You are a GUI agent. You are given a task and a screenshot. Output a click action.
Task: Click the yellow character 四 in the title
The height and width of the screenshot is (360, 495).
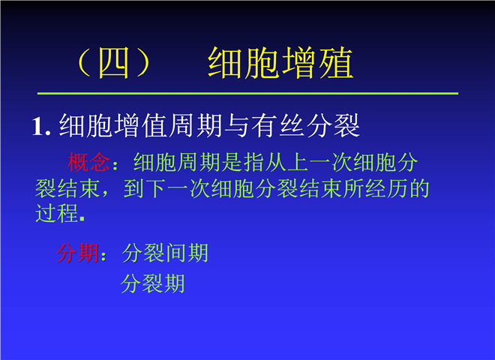click(x=114, y=63)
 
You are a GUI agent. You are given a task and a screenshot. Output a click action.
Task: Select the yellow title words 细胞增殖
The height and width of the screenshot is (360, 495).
click(x=280, y=62)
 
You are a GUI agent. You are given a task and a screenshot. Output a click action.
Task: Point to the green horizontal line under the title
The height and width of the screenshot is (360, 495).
click(x=247, y=94)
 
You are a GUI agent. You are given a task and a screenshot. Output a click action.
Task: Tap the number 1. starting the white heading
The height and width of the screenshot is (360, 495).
click(x=41, y=127)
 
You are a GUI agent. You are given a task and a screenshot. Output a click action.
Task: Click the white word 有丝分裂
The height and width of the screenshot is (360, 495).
click(x=305, y=126)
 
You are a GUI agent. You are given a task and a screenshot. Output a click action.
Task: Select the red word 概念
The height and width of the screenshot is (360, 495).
click(x=88, y=162)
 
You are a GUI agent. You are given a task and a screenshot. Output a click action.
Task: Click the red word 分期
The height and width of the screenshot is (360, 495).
click(x=78, y=253)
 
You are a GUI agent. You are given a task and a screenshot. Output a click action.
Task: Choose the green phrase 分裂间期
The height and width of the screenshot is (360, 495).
click(x=165, y=253)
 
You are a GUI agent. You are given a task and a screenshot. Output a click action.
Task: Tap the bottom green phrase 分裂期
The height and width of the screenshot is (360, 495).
click(x=153, y=283)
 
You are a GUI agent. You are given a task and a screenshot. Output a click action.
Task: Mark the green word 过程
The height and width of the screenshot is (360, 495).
click(x=57, y=214)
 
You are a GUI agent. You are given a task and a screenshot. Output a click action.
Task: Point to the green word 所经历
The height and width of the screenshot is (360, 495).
click(x=376, y=189)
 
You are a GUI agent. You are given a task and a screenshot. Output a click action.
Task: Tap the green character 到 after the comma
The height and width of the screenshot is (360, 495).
click(x=134, y=189)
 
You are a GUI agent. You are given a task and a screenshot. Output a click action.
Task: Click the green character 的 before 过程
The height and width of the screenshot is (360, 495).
click(x=419, y=189)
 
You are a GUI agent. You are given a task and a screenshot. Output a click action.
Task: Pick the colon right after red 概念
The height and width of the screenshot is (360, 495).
click(x=115, y=165)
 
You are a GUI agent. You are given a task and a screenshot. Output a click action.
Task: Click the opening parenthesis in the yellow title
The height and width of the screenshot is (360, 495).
click(x=84, y=63)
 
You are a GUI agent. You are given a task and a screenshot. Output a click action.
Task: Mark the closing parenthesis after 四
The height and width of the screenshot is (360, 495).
click(x=143, y=63)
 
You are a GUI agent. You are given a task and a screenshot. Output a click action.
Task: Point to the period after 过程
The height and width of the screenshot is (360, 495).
click(x=82, y=218)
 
